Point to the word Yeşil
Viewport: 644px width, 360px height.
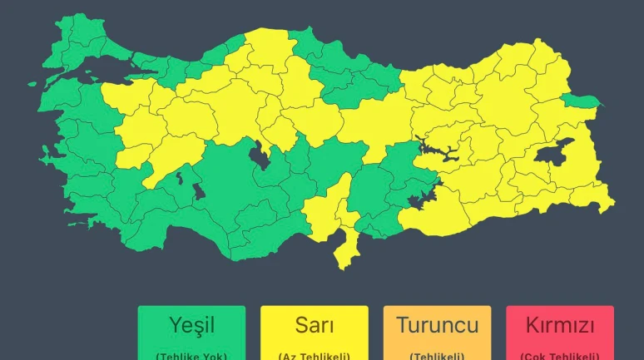point(191,324)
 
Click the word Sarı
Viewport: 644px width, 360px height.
point(315,324)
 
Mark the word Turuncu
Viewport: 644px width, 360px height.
point(437,324)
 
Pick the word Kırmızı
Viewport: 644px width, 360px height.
point(559,324)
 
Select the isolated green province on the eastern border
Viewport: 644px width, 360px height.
point(581,101)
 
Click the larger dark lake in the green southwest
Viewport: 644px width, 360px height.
point(200,193)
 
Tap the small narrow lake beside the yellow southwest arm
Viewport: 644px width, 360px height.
point(177,177)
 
